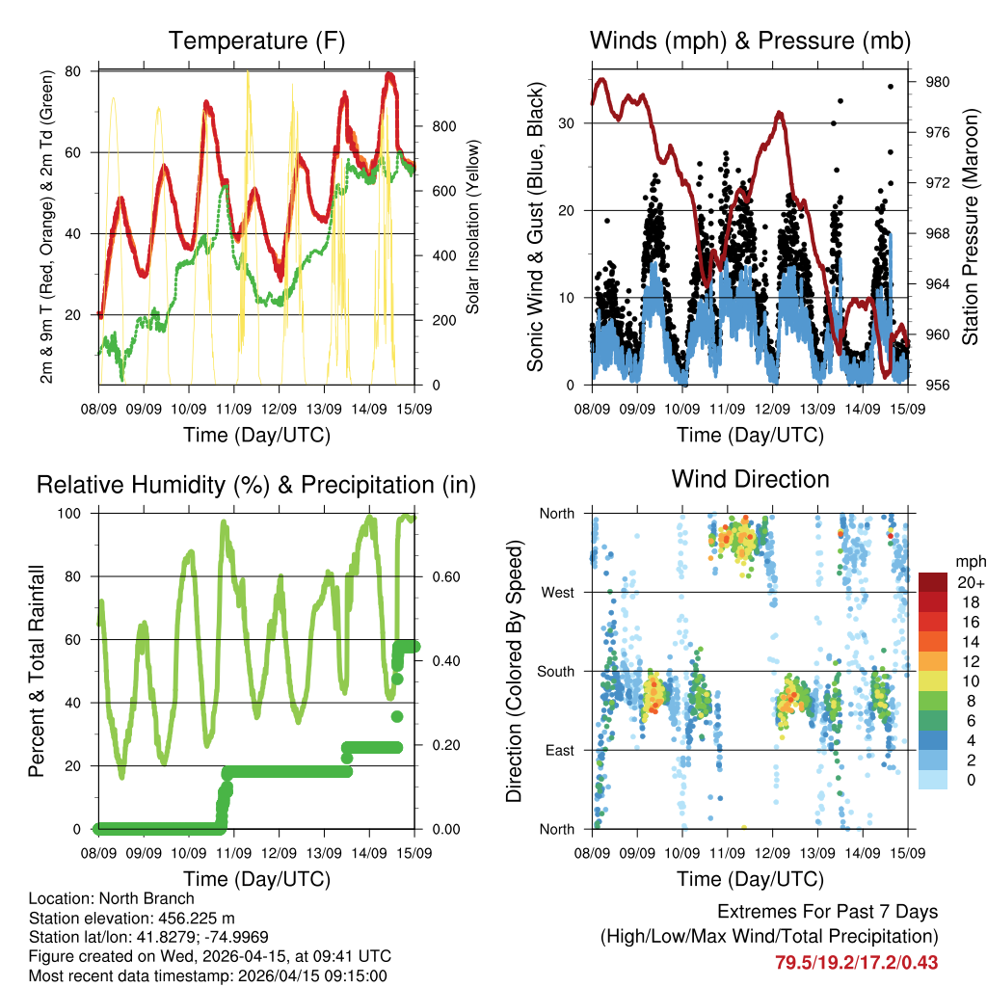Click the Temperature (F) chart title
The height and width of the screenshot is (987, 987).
click(x=256, y=40)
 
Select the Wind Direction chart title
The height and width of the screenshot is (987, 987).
click(x=750, y=479)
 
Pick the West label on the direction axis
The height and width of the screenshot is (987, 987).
click(x=557, y=592)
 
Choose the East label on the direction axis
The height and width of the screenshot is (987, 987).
click(x=558, y=750)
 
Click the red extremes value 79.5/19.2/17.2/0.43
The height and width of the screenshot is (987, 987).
click(x=856, y=962)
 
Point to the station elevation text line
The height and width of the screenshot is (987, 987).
click(x=118, y=918)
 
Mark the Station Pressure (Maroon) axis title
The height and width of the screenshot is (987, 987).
click(x=971, y=227)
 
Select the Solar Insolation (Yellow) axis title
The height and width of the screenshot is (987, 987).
click(x=473, y=227)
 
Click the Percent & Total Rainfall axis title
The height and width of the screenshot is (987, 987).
click(x=37, y=671)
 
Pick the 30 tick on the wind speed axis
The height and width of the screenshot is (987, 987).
click(x=572, y=122)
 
